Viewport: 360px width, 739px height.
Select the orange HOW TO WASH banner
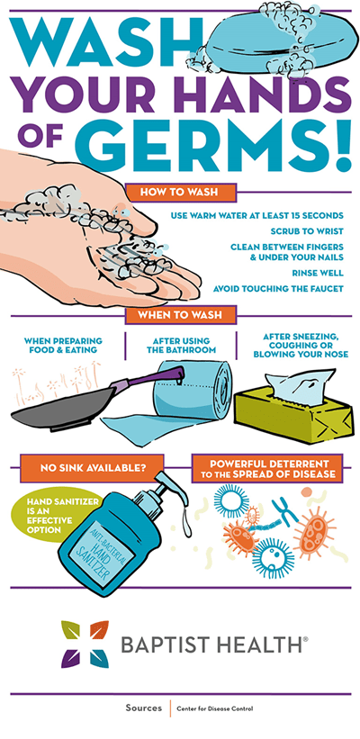181,192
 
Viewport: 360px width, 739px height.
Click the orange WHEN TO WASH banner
181,315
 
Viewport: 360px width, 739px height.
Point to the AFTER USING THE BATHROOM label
181,345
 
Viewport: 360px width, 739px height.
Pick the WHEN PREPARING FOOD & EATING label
63,345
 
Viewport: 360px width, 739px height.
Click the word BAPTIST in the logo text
171,644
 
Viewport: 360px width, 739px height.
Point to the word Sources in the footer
144,708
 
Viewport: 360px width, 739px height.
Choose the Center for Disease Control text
214,708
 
